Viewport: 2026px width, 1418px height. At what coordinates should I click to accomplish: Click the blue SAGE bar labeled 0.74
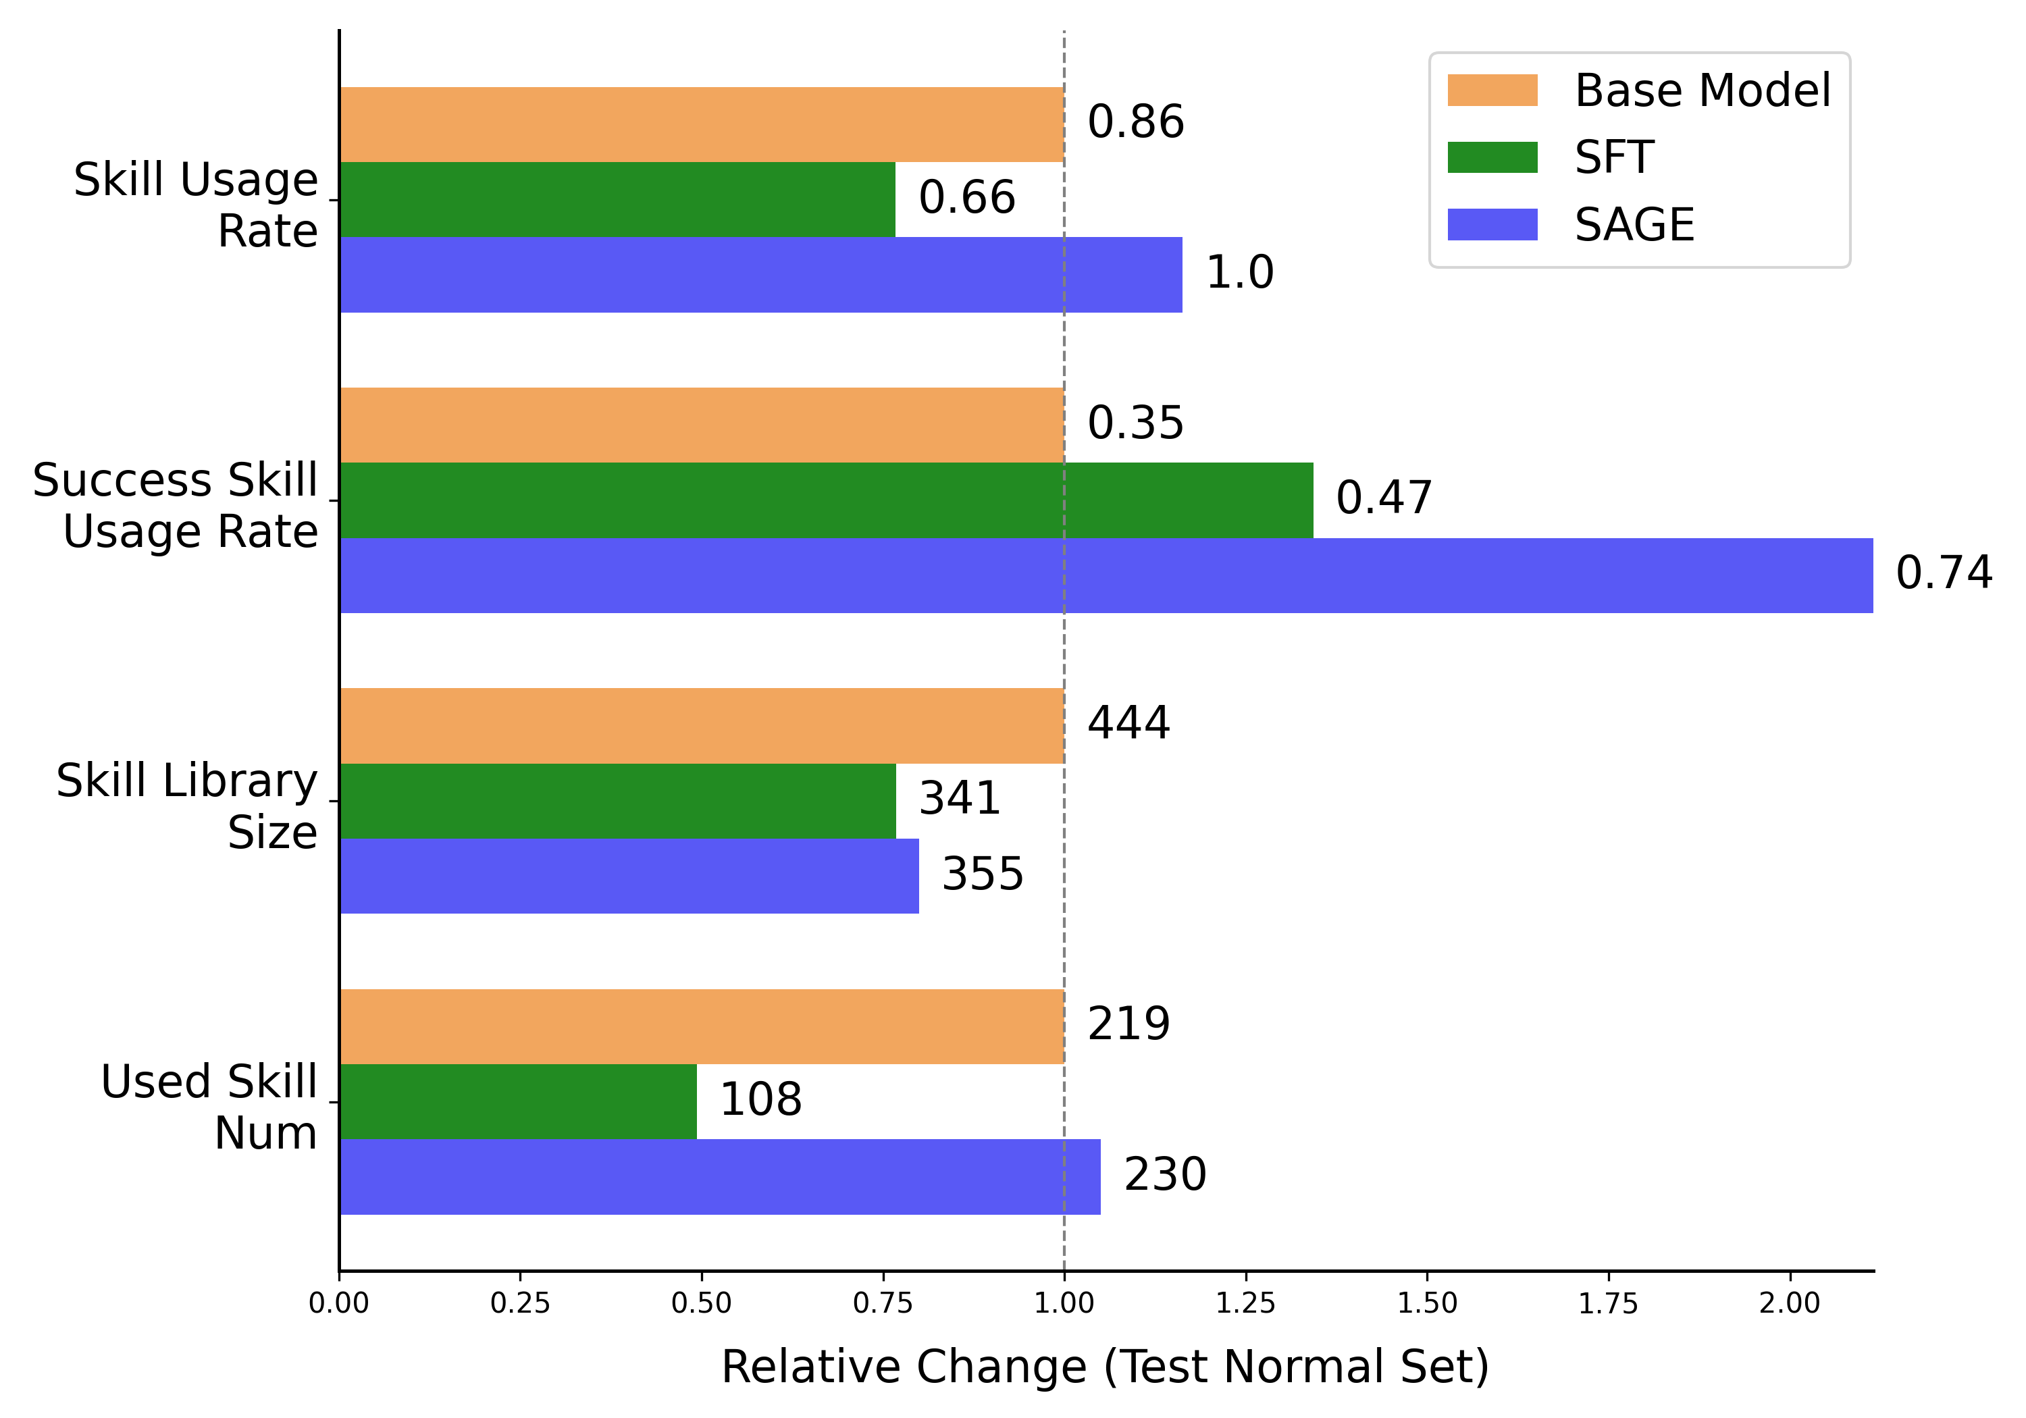pyautogui.click(x=1106, y=575)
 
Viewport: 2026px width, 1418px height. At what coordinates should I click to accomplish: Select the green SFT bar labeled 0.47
pyautogui.click(x=826, y=500)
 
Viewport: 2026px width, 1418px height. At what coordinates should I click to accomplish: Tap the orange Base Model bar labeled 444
pyautogui.click(x=702, y=725)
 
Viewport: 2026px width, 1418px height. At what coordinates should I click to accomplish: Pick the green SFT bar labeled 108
pyautogui.click(x=518, y=1101)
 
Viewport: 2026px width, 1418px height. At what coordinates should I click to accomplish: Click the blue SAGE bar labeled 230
pyautogui.click(x=720, y=1176)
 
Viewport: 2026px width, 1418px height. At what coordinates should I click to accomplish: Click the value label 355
pyautogui.click(x=982, y=874)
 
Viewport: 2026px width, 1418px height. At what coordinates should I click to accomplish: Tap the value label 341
pyautogui.click(x=959, y=799)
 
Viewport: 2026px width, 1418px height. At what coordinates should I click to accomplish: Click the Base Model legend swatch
pyautogui.click(x=1492, y=90)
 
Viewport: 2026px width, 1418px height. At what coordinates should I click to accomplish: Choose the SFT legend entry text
pyautogui.click(x=1614, y=157)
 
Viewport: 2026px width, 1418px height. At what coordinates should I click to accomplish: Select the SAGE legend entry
pyautogui.click(x=1634, y=224)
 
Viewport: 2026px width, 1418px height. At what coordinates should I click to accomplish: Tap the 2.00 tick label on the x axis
pyautogui.click(x=1789, y=1303)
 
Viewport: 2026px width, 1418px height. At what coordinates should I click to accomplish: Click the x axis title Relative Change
pyautogui.click(x=1105, y=1366)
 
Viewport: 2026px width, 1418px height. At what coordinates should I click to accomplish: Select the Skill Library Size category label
pyautogui.click(x=186, y=806)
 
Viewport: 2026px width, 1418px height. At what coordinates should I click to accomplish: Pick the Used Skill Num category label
pyautogui.click(x=209, y=1107)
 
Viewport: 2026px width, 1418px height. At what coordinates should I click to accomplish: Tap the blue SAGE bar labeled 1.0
pyautogui.click(x=760, y=274)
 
